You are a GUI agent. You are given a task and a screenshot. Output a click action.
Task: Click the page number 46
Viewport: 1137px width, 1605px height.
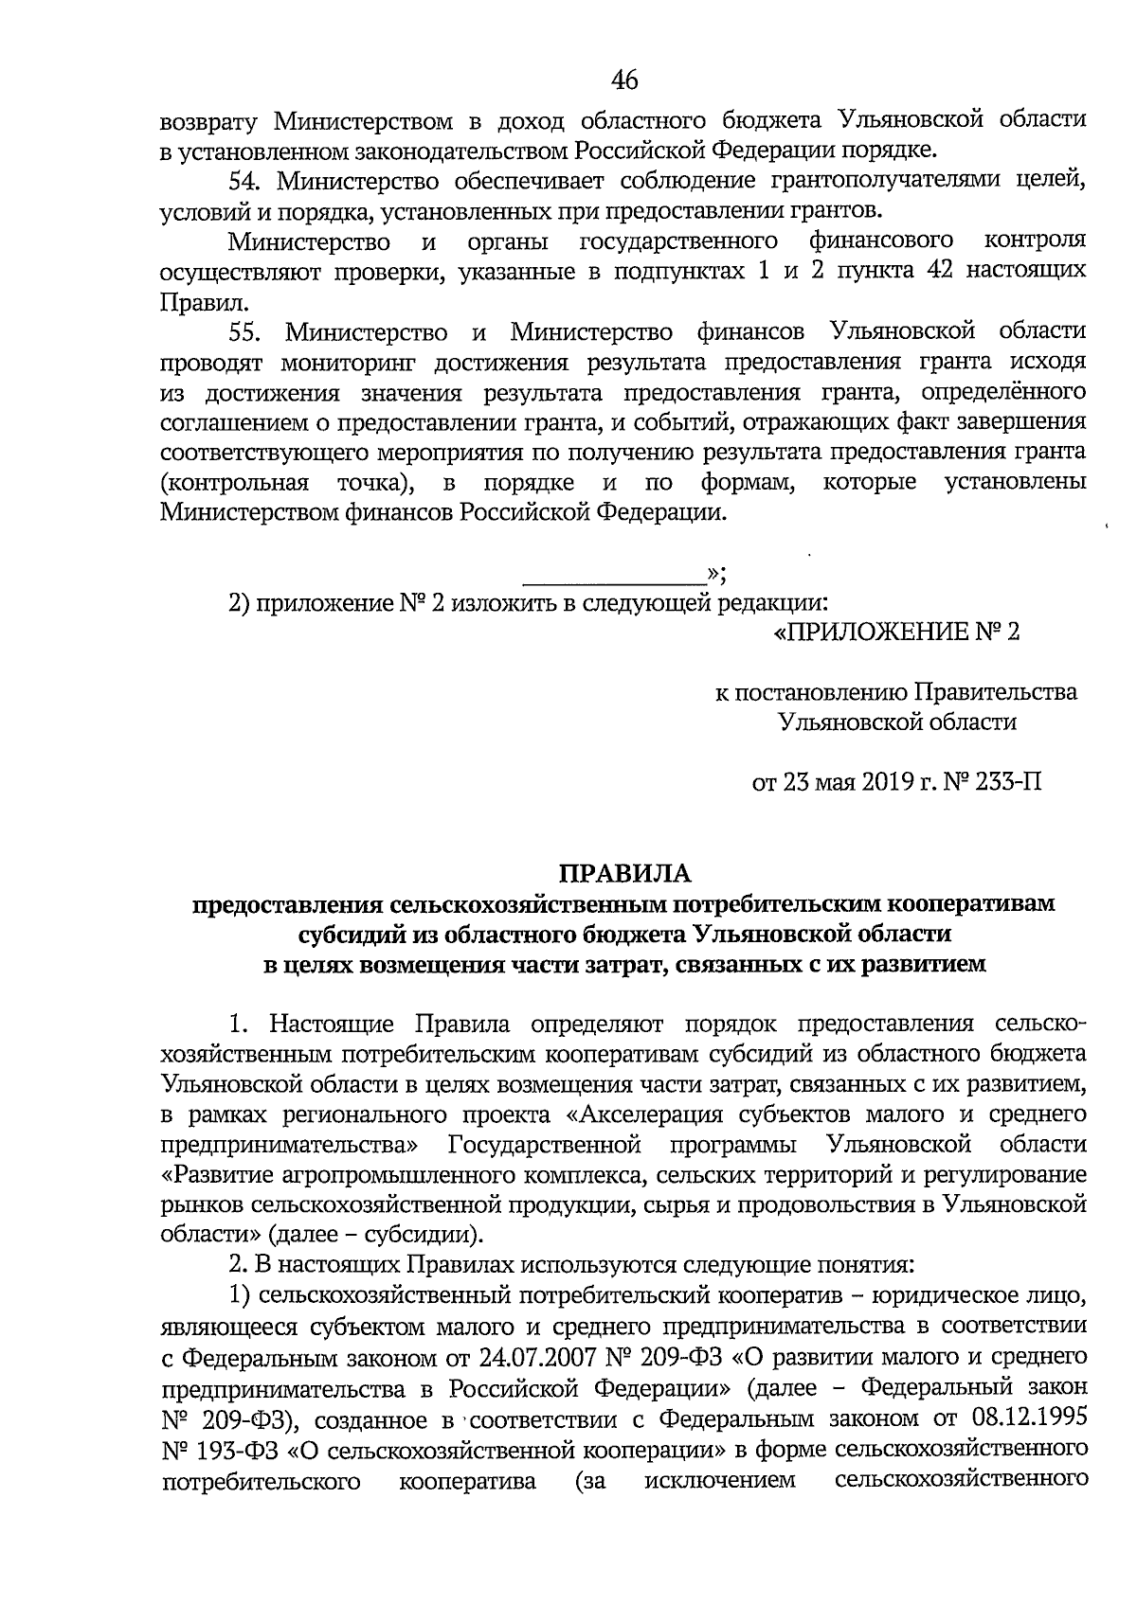coord(624,80)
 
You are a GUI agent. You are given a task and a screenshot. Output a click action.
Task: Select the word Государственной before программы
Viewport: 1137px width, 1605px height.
coord(544,1144)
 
